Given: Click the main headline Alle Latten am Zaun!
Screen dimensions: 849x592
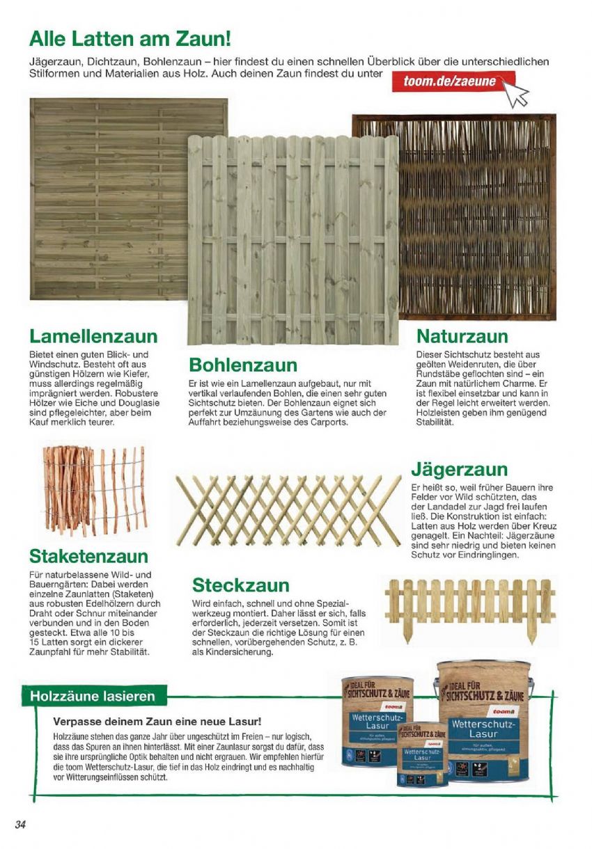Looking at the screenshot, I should (x=130, y=38).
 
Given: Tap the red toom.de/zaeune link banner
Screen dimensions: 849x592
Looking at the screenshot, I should (x=450, y=81).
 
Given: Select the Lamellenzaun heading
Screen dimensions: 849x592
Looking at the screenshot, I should (x=93, y=337).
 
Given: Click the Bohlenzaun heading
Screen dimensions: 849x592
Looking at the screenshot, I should (x=243, y=365).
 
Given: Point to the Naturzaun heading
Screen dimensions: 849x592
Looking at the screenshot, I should (x=462, y=337).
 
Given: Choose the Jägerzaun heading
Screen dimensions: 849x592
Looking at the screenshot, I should (x=459, y=469).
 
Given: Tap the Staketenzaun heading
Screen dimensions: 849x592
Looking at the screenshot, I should (x=88, y=556).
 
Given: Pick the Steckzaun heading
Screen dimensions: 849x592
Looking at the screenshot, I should (x=240, y=585).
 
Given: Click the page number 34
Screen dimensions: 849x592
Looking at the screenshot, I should (x=20, y=825).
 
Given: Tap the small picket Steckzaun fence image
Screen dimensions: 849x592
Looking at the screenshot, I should (x=470, y=603).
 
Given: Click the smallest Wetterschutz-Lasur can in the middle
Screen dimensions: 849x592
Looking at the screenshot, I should (x=423, y=754).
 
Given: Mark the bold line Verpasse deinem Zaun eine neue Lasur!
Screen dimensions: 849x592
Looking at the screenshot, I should (x=157, y=721).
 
